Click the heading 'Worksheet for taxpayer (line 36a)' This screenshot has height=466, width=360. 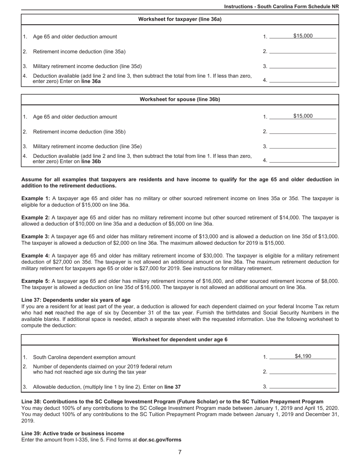click(180, 19)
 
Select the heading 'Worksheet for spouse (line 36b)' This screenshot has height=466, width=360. click(180, 100)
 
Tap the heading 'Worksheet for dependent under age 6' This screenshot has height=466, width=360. click(180, 339)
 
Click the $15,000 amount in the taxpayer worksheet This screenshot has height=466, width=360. click(303, 36)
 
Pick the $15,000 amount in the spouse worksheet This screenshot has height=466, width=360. click(303, 116)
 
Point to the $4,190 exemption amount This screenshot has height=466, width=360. click(303, 356)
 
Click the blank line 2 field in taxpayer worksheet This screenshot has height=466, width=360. click(302, 51)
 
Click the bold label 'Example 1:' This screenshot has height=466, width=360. click(36, 199)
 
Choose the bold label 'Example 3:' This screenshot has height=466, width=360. click(36, 237)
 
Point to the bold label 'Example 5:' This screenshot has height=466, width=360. click(36, 281)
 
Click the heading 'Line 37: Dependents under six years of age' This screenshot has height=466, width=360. click(76, 300)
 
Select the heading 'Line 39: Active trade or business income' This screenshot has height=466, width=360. click(73, 433)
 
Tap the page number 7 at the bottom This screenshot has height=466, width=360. click(180, 452)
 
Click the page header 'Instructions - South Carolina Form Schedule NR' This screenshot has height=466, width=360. click(281, 6)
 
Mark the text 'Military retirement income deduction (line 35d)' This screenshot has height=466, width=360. click(88, 66)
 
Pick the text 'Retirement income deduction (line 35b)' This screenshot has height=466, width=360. click(79, 132)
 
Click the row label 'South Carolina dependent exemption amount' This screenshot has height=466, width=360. click(84, 357)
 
